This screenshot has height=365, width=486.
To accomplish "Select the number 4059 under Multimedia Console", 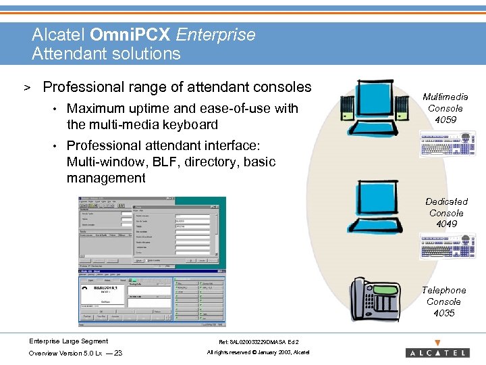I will click(x=446, y=120).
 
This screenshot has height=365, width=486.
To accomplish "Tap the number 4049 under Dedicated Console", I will click(x=446, y=224).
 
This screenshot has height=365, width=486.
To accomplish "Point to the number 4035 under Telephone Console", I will click(x=444, y=313).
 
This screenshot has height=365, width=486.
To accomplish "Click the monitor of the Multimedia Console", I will click(x=374, y=99).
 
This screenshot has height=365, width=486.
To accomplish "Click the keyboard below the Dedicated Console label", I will click(x=446, y=245).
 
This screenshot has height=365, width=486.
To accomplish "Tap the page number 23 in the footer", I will click(x=118, y=353).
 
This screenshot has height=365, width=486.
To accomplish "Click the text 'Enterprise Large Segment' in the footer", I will click(x=68, y=341).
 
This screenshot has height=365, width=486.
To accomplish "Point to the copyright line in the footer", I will click(x=258, y=352).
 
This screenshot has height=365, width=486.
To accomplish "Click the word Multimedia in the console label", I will click(x=445, y=97).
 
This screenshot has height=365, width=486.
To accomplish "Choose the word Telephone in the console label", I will click(x=443, y=290).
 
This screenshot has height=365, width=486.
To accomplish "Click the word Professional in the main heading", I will click(x=82, y=87).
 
